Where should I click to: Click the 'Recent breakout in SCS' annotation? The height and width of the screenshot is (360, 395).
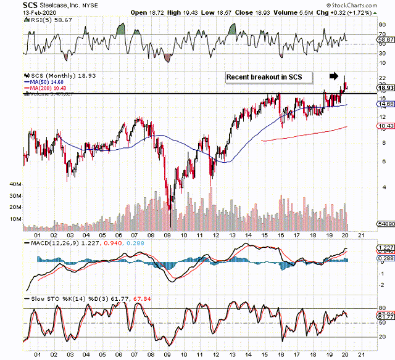coord(268,77)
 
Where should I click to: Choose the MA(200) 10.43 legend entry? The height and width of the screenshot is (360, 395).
coord(47,88)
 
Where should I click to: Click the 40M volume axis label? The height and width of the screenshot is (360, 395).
coord(16,184)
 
